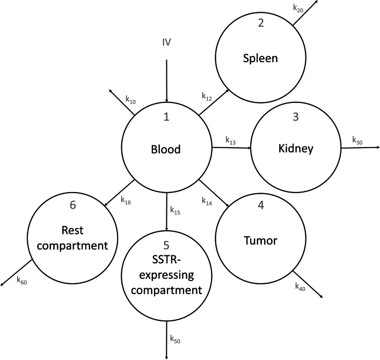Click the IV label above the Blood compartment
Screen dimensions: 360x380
tap(166, 41)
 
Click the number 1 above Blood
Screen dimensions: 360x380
tap(166, 117)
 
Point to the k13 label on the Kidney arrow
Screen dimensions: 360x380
tap(230, 142)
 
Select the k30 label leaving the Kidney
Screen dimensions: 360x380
tap(357, 140)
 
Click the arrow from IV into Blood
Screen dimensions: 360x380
tap(166, 80)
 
